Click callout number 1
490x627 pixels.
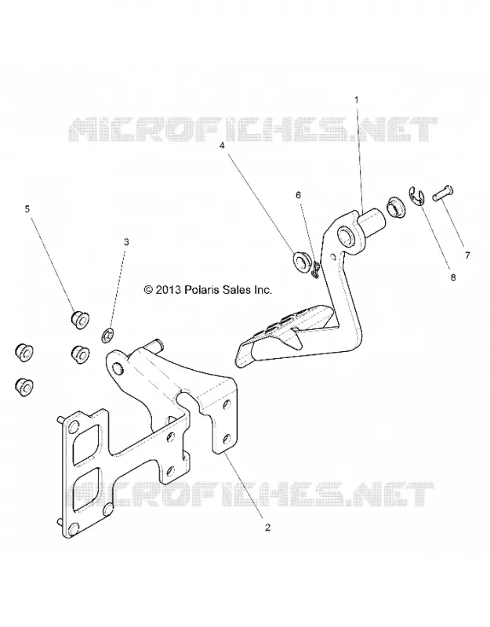click(358, 100)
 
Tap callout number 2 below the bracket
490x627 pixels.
click(267, 527)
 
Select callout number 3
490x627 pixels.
click(126, 242)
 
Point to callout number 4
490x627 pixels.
click(222, 146)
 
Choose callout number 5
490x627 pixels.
click(27, 208)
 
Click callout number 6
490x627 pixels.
click(298, 195)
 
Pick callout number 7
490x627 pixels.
click(467, 256)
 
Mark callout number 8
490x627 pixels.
click(453, 277)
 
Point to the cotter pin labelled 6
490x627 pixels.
click(316, 269)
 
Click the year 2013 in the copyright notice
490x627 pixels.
click(169, 290)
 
